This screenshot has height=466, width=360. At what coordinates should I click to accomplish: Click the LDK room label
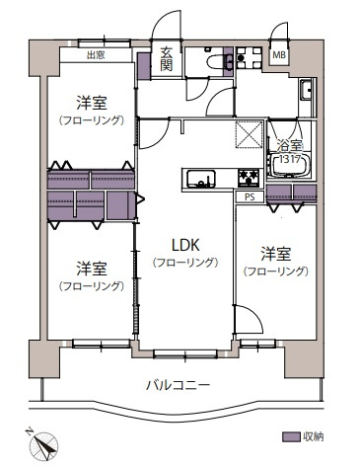[x=182, y=245]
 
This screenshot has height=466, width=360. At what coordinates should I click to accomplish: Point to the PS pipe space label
[x=247, y=195]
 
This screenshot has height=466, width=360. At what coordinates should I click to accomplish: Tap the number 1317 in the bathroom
[x=287, y=159]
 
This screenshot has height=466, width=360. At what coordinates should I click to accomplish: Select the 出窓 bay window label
[x=96, y=55]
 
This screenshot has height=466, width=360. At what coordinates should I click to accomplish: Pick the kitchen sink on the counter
[x=200, y=180]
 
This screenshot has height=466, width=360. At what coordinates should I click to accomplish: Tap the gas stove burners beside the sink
[x=248, y=178]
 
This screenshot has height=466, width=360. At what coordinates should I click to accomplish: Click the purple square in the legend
[x=289, y=435]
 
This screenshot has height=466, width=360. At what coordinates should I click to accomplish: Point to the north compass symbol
[x=43, y=442]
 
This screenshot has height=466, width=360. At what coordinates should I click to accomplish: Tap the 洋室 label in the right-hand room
[x=276, y=252]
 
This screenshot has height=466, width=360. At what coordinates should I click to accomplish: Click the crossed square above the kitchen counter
[x=247, y=135]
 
